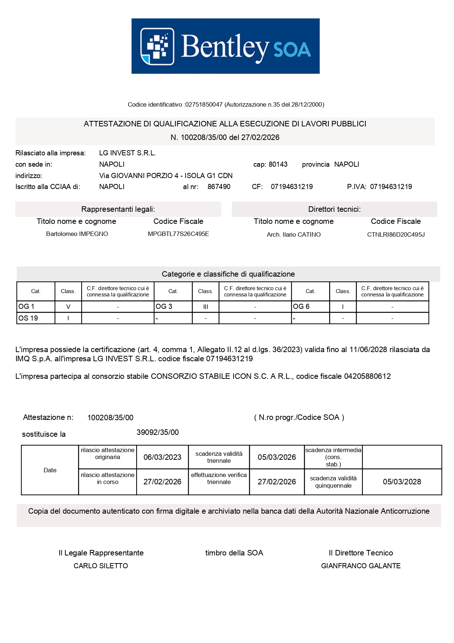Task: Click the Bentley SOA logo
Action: (226, 46)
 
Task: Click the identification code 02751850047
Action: (204, 104)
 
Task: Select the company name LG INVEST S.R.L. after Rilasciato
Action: (127, 153)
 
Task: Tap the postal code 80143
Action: (278, 165)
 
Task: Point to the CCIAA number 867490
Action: (219, 187)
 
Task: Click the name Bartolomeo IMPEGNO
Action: (77, 234)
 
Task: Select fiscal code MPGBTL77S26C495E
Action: (178, 234)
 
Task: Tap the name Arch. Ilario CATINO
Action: (294, 234)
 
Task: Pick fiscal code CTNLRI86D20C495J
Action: (396, 234)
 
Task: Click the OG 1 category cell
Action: (36, 307)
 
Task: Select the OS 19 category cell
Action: (36, 318)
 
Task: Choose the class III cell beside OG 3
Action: (205, 307)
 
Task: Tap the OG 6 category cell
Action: (310, 307)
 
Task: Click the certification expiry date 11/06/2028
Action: (368, 350)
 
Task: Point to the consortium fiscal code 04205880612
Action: (367, 376)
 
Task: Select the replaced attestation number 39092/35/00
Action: (157, 432)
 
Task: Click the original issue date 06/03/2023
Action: (162, 457)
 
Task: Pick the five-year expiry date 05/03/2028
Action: (402, 482)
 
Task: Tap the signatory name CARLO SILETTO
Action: (101, 566)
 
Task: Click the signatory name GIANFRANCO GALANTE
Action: (361, 566)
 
